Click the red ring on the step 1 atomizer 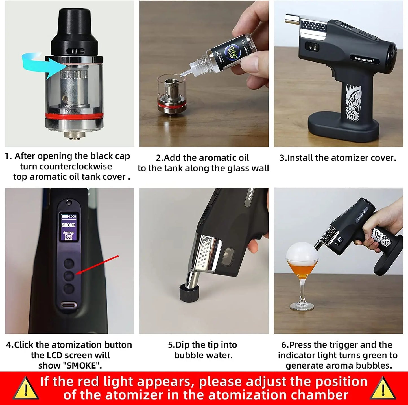[74, 116]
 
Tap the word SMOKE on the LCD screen [68, 225]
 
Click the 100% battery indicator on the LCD [69, 216]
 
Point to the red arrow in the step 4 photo [97, 265]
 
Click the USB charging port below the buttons [69, 305]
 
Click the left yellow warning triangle [26, 389]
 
